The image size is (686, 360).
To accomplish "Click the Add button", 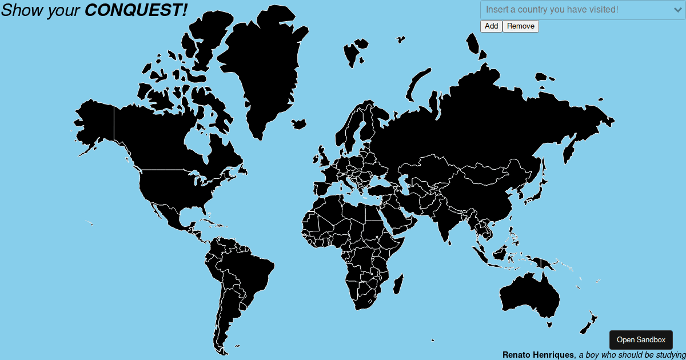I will (491, 26).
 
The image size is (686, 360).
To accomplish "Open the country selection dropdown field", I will (572, 10).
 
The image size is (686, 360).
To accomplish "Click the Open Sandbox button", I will (641, 340).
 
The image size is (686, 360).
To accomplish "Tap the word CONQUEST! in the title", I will (136, 9).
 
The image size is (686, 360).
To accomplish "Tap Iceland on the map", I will (298, 123).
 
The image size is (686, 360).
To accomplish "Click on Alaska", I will (94, 123).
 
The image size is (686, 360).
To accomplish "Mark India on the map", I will (443, 220).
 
